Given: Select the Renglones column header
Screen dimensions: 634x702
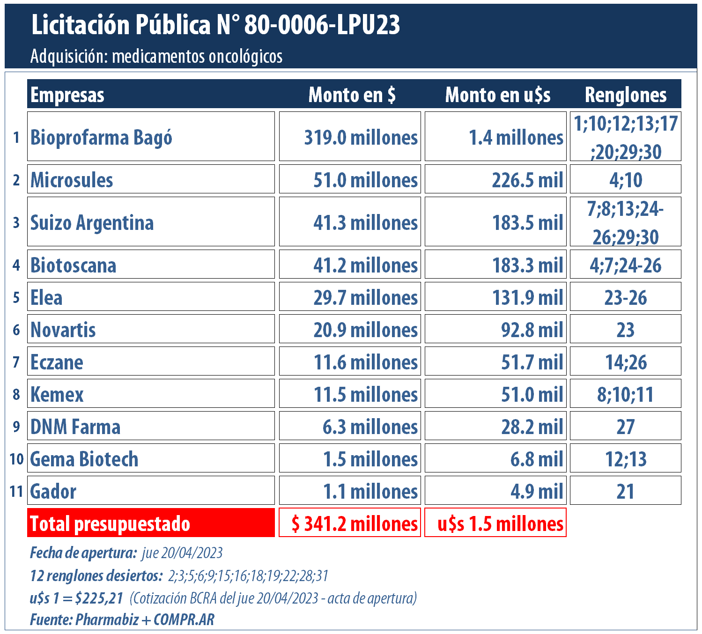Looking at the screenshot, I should pos(625,95).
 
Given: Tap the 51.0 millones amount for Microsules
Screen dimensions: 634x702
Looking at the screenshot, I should pos(365,180).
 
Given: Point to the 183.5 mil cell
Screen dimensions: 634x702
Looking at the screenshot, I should pos(527,222).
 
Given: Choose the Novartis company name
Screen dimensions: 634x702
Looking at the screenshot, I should pos(63,330).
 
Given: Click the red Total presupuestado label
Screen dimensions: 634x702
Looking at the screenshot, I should pos(111,523).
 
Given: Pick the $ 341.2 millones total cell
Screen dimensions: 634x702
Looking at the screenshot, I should pos(354,523).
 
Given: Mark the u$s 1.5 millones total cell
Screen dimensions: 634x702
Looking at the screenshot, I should pos(500,523).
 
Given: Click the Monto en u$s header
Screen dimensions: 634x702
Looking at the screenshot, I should pos(497,95).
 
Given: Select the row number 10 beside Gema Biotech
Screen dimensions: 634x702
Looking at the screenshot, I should pos(16,459).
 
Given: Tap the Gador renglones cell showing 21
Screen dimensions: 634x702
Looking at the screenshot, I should pos(625,491).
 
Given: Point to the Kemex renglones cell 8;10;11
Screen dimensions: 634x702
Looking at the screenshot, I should pos(625,394).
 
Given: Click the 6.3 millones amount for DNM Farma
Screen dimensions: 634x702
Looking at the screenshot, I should pos(370,427).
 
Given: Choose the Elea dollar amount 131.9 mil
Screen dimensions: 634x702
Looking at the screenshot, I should pos(527,297).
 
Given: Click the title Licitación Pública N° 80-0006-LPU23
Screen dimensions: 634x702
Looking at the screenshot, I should pos(215,25).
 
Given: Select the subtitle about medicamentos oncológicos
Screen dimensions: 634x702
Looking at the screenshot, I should pos(156,57).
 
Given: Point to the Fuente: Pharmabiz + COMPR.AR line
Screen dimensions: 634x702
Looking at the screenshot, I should pos(122,619).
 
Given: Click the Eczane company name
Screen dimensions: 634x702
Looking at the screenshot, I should pos(57,362).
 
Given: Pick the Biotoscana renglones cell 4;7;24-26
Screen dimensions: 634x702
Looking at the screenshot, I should pos(625,265).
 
